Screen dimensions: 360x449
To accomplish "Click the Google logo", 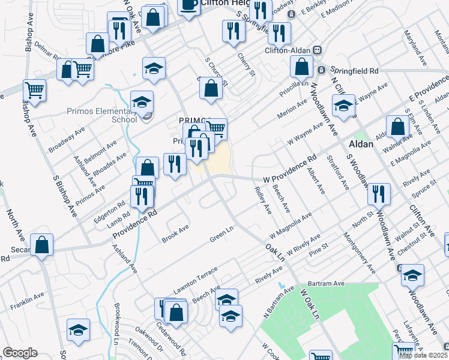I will click(20, 353).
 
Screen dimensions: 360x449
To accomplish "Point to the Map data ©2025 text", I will click(423, 355).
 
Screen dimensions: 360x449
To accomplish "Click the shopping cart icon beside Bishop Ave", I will click(34, 91).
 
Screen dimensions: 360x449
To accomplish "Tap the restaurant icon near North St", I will click(379, 193).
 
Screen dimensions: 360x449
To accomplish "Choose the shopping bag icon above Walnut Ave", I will click(397, 126).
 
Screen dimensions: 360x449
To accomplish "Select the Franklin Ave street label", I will click(27, 301).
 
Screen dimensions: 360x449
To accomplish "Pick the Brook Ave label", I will click(175, 234).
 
